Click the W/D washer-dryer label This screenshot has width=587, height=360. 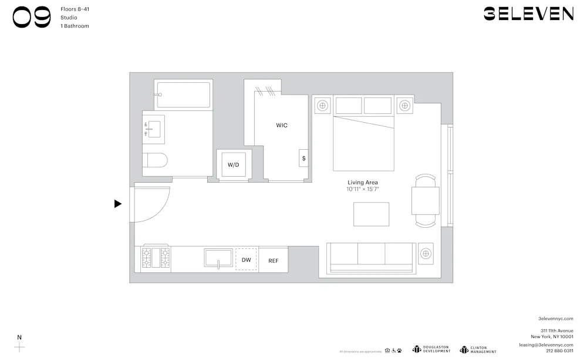click(234, 164)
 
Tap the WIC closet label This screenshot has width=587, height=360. click(282, 125)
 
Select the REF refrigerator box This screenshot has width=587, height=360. click(274, 260)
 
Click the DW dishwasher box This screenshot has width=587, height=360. click(247, 260)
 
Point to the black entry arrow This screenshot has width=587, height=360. click(118, 204)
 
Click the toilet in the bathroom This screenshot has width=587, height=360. click(156, 160)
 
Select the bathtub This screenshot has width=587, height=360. click(183, 95)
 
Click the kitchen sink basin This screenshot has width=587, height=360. click(218, 258)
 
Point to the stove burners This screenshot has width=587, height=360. click(156, 258)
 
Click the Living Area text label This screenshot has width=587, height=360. click(363, 183)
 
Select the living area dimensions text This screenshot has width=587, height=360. click(363, 189)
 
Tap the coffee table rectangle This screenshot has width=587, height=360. click(371, 214)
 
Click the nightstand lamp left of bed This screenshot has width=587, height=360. click(322, 106)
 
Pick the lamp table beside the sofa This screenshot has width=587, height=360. click(426, 253)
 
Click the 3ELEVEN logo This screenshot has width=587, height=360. click(528, 14)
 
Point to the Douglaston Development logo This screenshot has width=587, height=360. click(431, 349)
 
